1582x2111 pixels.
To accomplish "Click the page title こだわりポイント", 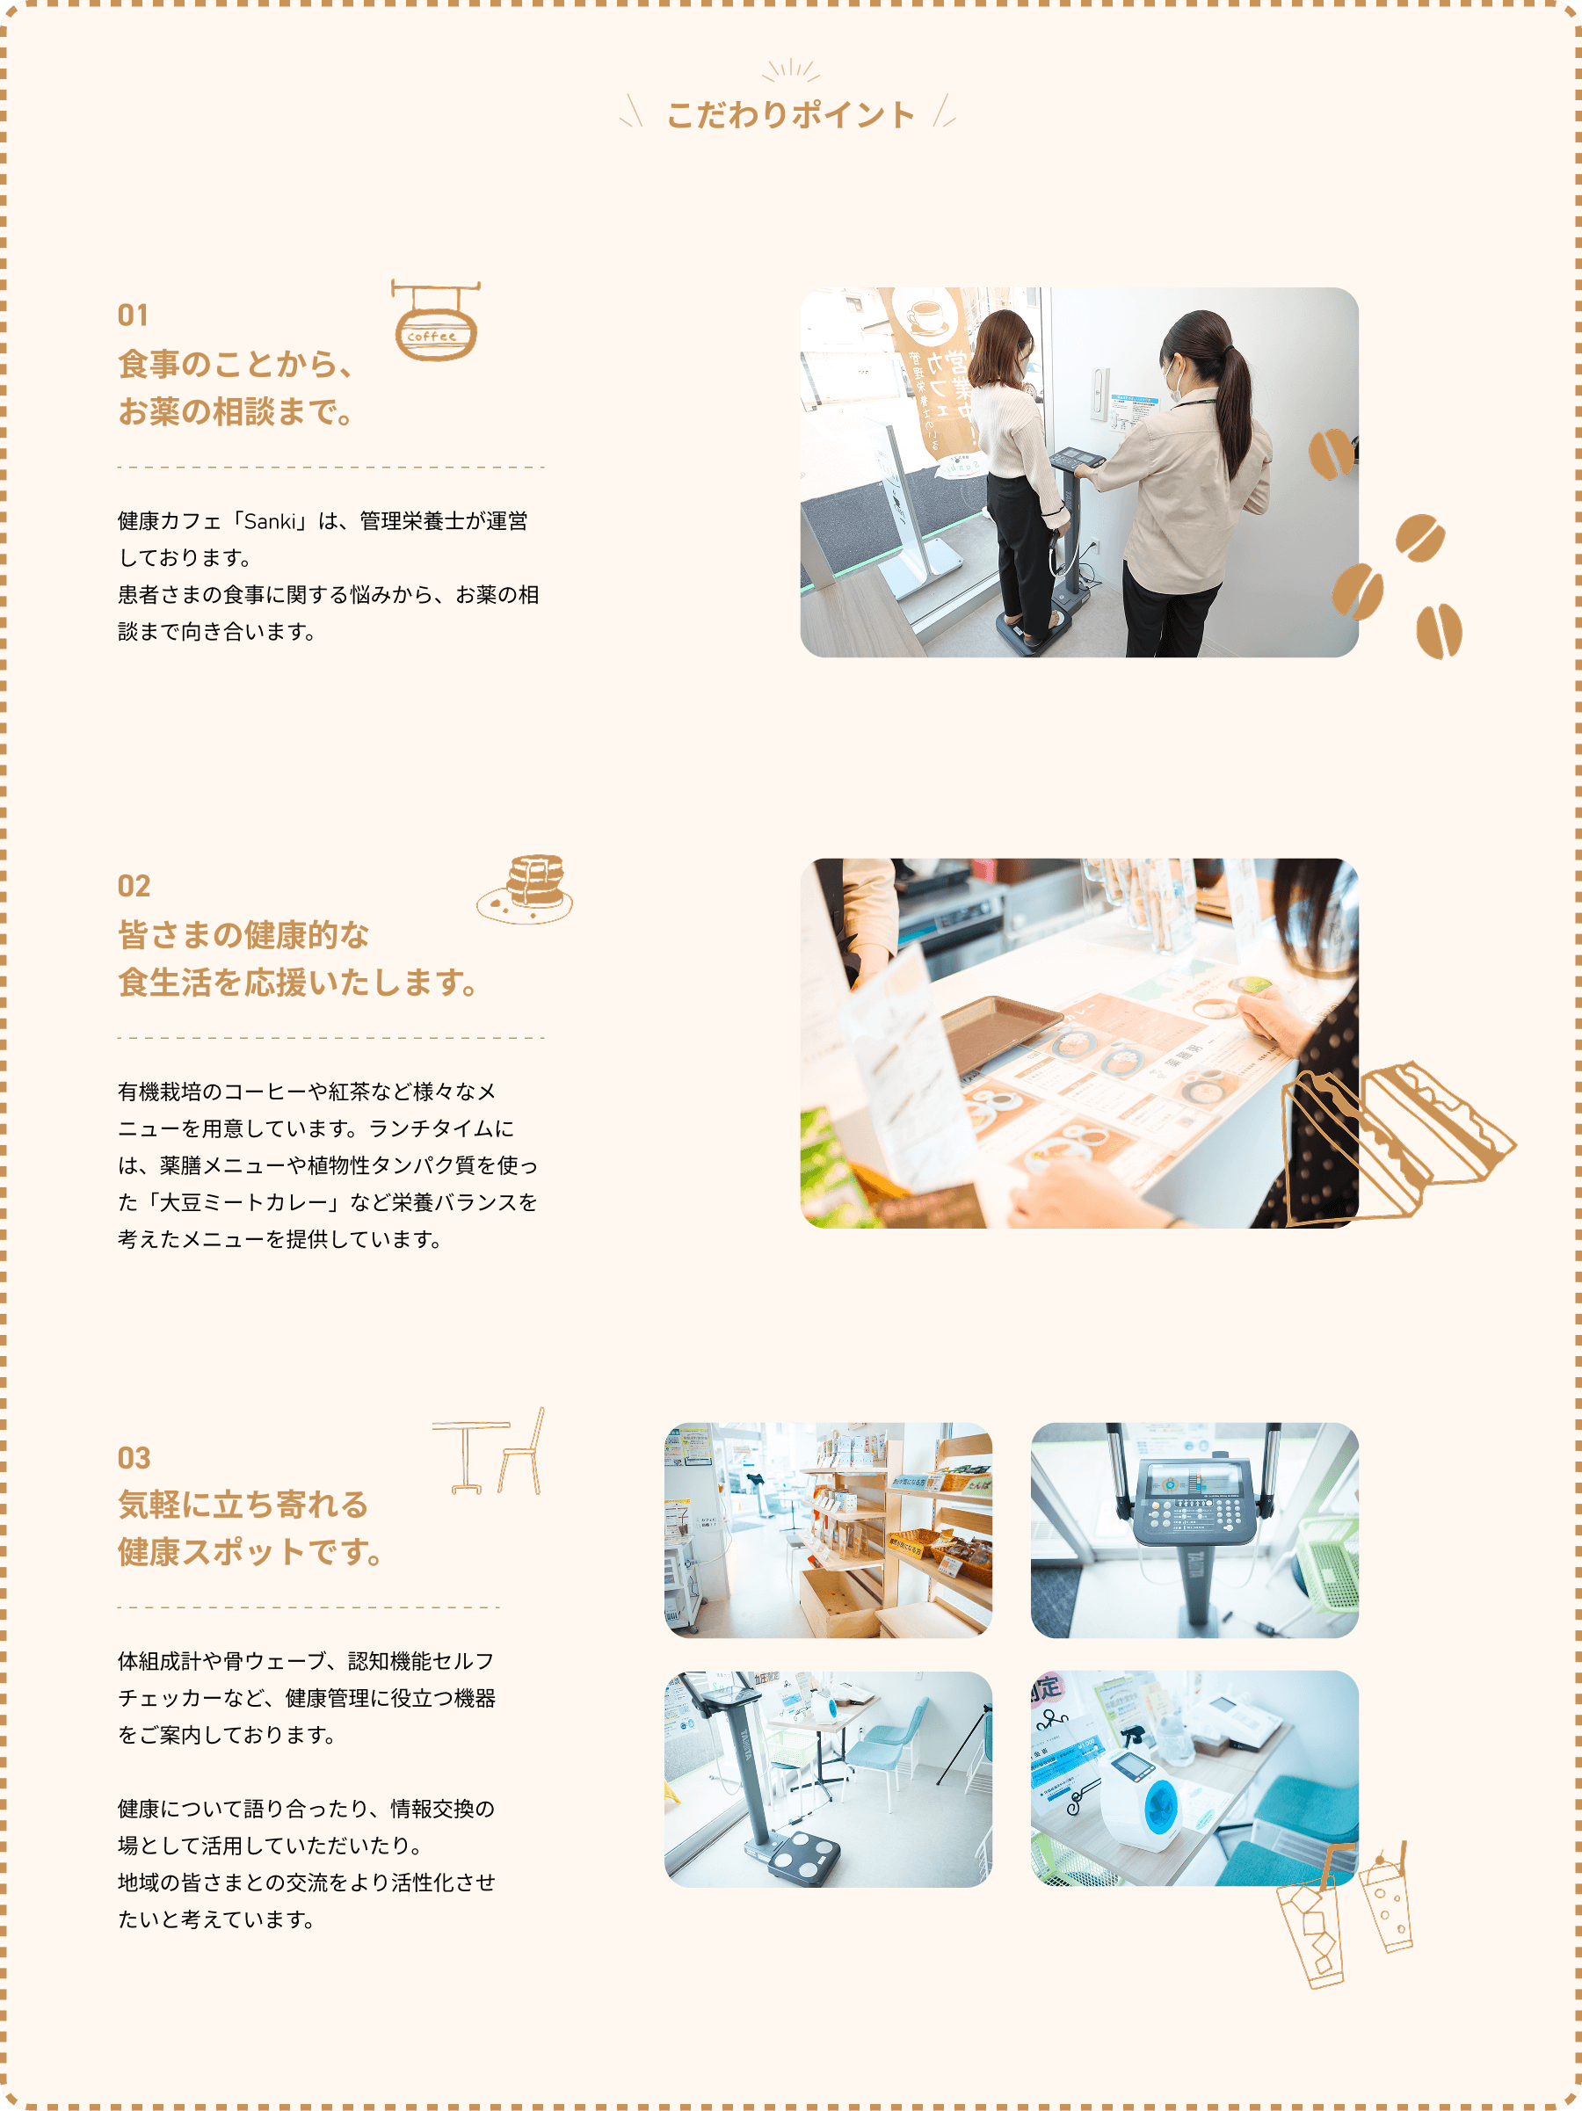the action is pyautogui.click(x=790, y=114).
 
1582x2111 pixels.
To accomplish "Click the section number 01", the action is pyautogui.click(x=133, y=315).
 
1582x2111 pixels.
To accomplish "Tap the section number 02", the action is pyautogui.click(x=134, y=886).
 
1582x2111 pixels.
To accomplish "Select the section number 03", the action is pyautogui.click(x=134, y=1457).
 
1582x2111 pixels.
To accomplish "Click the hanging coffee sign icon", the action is pyautogui.click(x=435, y=321).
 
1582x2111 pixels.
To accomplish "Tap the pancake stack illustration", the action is pyautogui.click(x=526, y=889).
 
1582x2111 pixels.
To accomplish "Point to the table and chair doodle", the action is pyautogui.click(x=489, y=1451).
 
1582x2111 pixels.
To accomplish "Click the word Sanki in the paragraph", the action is pyautogui.click(x=271, y=521).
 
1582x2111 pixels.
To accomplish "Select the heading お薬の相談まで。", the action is pyautogui.click(x=236, y=411).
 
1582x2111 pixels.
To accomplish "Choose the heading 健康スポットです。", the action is pyautogui.click(x=250, y=1552).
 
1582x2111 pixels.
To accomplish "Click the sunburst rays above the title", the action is pyautogui.click(x=791, y=70).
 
